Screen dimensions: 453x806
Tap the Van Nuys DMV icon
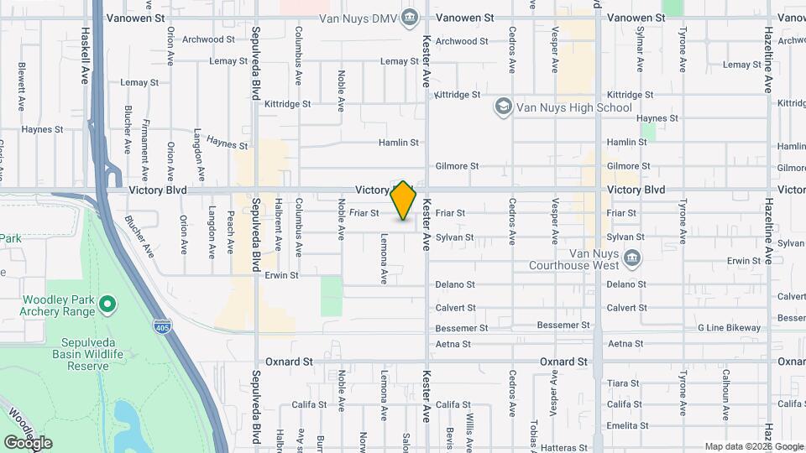click(410, 16)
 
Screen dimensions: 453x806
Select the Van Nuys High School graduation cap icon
click(503, 107)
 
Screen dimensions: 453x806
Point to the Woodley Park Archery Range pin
click(107, 304)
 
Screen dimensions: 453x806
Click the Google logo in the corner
click(28, 443)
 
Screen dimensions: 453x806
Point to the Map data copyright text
click(753, 446)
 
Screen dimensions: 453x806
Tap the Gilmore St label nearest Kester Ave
click(458, 167)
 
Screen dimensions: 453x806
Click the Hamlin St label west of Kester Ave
click(398, 143)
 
